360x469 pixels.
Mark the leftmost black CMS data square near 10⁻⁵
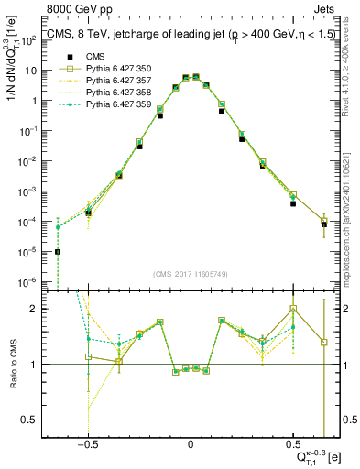(x=58, y=252)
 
